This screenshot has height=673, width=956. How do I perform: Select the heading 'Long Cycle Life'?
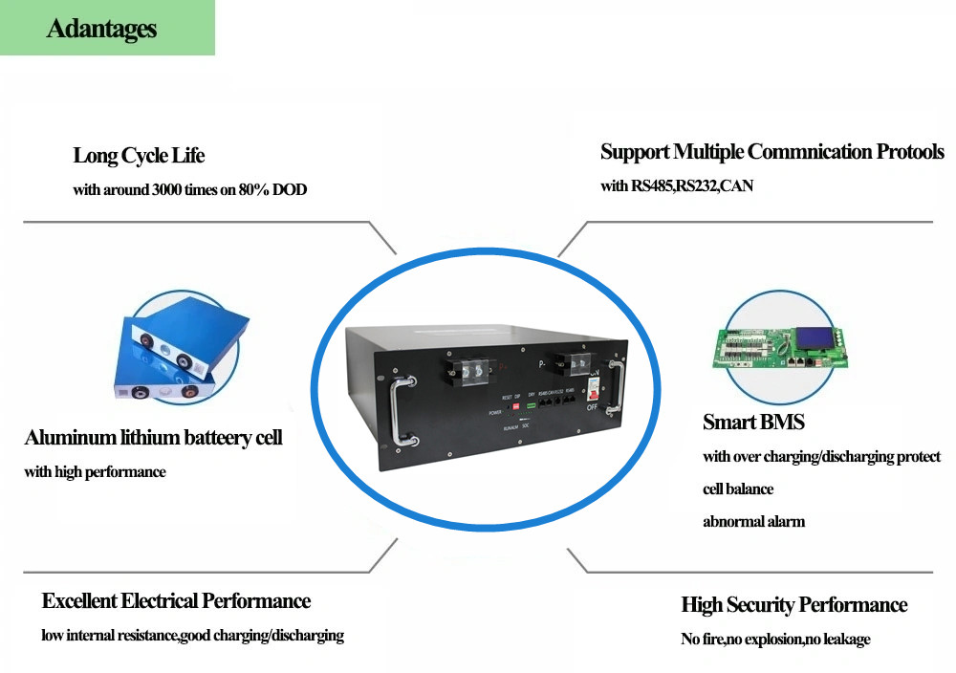(139, 155)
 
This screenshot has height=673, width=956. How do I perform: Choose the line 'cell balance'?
(738, 488)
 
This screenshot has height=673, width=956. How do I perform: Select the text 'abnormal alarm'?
(753, 521)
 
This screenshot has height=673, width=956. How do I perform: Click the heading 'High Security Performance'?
(793, 604)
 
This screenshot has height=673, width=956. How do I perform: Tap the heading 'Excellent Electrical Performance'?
(176, 600)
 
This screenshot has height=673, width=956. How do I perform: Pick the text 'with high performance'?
(95, 471)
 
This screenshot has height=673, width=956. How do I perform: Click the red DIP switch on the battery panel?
(515, 406)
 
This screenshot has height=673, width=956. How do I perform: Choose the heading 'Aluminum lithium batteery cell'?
(153, 438)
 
